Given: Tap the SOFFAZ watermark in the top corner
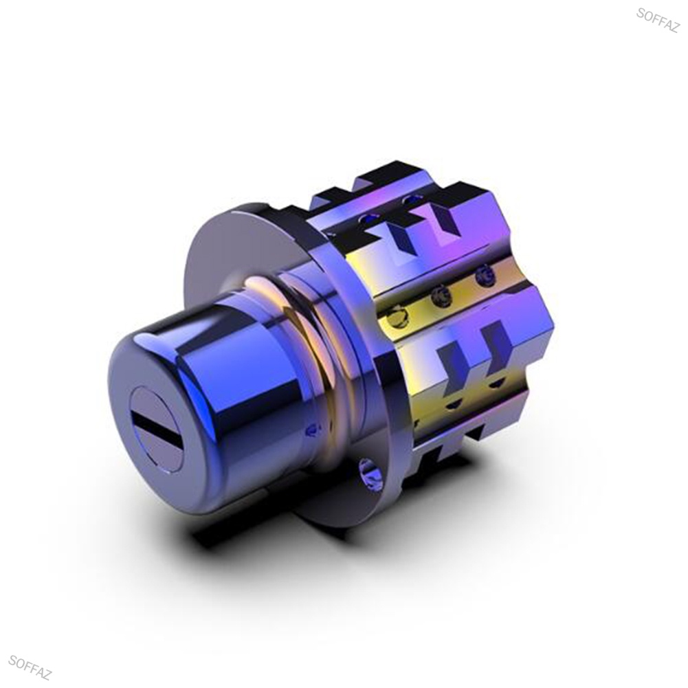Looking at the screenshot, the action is (657, 20).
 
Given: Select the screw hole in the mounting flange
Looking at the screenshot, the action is (370, 474).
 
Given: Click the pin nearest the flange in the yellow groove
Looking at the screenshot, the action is (397, 316).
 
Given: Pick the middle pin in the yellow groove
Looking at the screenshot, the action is (442, 298).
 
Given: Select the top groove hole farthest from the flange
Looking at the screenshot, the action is (410, 199).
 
